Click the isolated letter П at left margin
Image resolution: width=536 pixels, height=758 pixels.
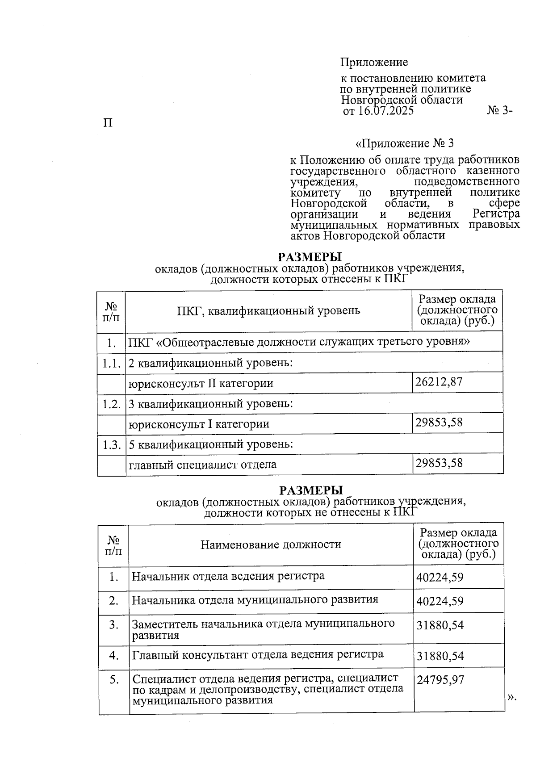[x=108, y=122]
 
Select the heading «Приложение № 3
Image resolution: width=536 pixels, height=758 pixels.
[x=404, y=143]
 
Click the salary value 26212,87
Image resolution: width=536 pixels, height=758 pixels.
[x=439, y=382]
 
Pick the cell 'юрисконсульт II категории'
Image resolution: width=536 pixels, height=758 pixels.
[x=201, y=383]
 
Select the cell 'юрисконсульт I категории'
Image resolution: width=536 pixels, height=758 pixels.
[x=199, y=423]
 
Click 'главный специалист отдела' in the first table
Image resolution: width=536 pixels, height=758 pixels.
[x=202, y=465]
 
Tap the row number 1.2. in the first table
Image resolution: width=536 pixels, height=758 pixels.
[x=111, y=404]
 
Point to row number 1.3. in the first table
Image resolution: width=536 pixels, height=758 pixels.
[x=111, y=444]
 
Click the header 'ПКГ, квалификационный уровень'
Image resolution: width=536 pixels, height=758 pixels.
[x=268, y=310]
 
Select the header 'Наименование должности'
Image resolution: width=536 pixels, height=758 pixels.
[x=271, y=544]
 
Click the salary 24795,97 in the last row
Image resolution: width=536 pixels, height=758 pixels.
[x=440, y=680]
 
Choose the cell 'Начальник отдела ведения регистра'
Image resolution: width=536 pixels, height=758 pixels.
[x=228, y=576]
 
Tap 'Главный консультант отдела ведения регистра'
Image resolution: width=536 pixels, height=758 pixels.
[x=258, y=654]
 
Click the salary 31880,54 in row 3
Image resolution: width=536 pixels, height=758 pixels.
[x=440, y=625]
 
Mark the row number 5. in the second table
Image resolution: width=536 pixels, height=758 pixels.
[x=114, y=680]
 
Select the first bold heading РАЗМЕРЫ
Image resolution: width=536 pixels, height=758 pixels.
[x=310, y=257]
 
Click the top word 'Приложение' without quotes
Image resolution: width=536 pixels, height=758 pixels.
[x=374, y=62]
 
